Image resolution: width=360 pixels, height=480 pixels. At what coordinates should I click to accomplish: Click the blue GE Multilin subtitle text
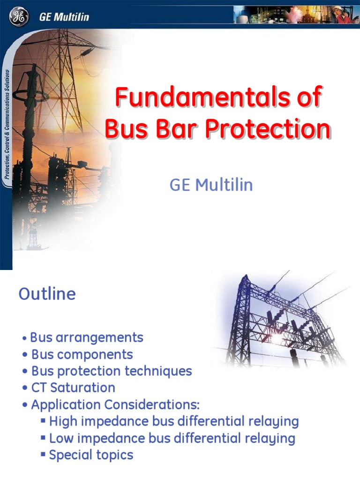211,185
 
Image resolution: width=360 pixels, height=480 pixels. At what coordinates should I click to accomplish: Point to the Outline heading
47,294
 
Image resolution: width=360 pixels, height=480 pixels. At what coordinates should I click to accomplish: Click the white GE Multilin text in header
63,18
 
